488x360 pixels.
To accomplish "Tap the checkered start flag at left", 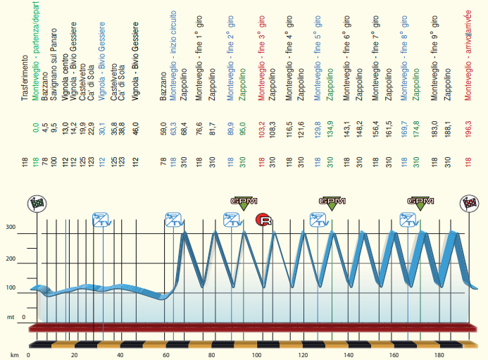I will click(36, 204).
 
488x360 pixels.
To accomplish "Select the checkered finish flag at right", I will click(470, 204).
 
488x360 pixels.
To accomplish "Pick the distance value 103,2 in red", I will click(261, 133).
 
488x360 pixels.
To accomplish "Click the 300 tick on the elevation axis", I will click(11, 227).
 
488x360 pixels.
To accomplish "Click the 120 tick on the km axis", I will click(302, 354).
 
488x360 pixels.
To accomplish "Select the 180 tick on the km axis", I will click(439, 354).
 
